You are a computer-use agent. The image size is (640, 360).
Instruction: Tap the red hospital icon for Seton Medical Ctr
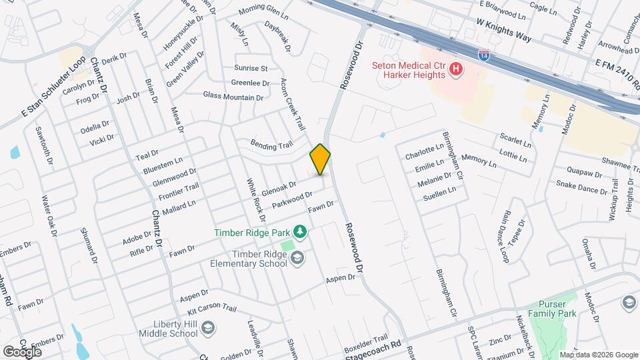click(x=456, y=69)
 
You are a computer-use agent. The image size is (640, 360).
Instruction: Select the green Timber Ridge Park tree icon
click(x=301, y=231)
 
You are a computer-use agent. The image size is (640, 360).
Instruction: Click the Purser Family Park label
click(x=551, y=307)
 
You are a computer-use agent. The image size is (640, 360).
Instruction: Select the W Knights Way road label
click(x=504, y=30)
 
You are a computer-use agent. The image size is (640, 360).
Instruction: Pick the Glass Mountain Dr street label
click(x=233, y=97)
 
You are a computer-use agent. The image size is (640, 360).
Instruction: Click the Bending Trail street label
click(x=271, y=144)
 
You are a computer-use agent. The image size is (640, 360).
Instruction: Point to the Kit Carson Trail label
click(x=212, y=309)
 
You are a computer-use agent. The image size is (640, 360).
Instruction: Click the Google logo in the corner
click(x=22, y=351)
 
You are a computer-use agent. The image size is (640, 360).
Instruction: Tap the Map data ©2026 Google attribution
click(x=598, y=355)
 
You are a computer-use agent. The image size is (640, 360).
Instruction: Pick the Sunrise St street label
click(x=251, y=68)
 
